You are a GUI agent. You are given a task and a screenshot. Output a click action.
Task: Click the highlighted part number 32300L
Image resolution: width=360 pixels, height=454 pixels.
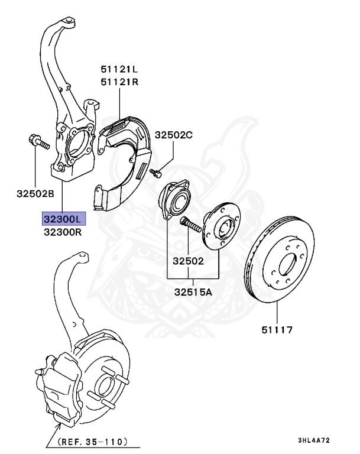(x=63, y=219)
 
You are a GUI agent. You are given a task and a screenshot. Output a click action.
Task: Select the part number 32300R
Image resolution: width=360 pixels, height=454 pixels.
(x=63, y=232)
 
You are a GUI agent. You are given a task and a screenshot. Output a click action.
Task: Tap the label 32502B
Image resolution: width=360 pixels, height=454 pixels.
(x=35, y=194)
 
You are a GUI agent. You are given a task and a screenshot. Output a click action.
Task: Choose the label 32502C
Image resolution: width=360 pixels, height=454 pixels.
(x=174, y=135)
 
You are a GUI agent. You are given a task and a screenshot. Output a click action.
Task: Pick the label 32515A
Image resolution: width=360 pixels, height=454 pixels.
(x=193, y=291)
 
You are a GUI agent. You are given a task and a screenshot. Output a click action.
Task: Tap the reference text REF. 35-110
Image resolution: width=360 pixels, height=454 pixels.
(x=93, y=441)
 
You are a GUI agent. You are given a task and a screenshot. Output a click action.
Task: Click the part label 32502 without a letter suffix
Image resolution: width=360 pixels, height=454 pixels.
(x=189, y=260)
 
